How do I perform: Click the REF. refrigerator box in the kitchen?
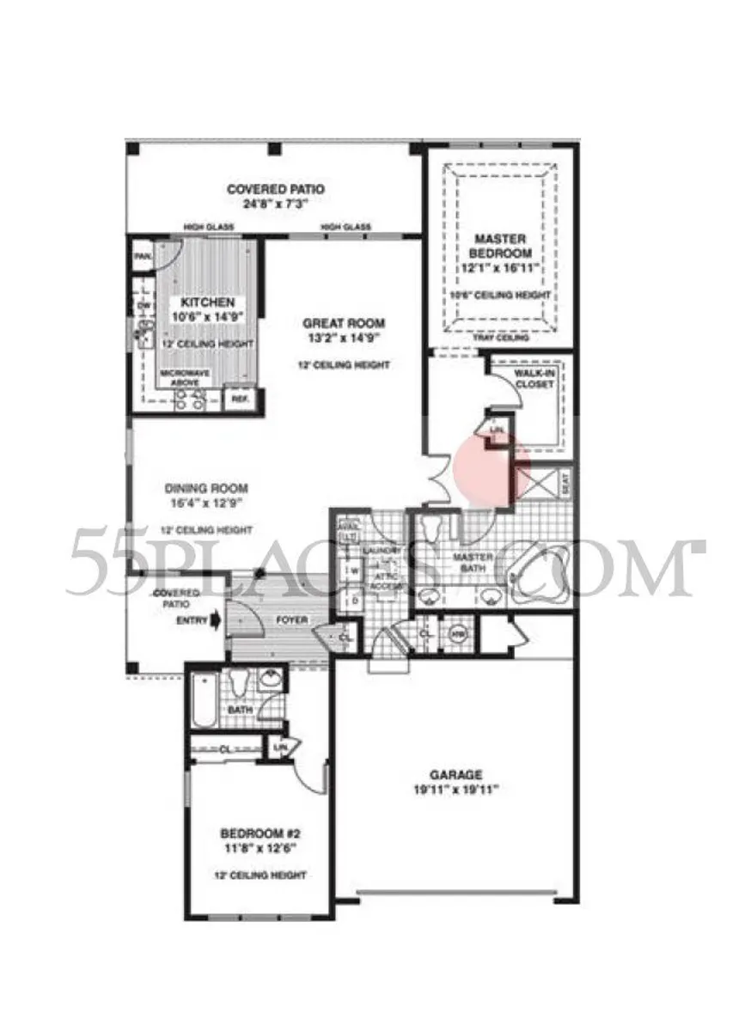(x=239, y=398)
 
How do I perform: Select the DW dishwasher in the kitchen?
(x=144, y=306)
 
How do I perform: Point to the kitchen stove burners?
(x=188, y=398)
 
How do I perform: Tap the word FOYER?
(x=291, y=619)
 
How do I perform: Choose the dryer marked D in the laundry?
(x=353, y=601)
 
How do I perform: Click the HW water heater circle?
(x=456, y=634)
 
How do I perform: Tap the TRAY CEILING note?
(x=501, y=338)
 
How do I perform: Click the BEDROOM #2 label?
(x=260, y=833)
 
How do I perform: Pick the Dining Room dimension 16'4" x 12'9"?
(x=205, y=506)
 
